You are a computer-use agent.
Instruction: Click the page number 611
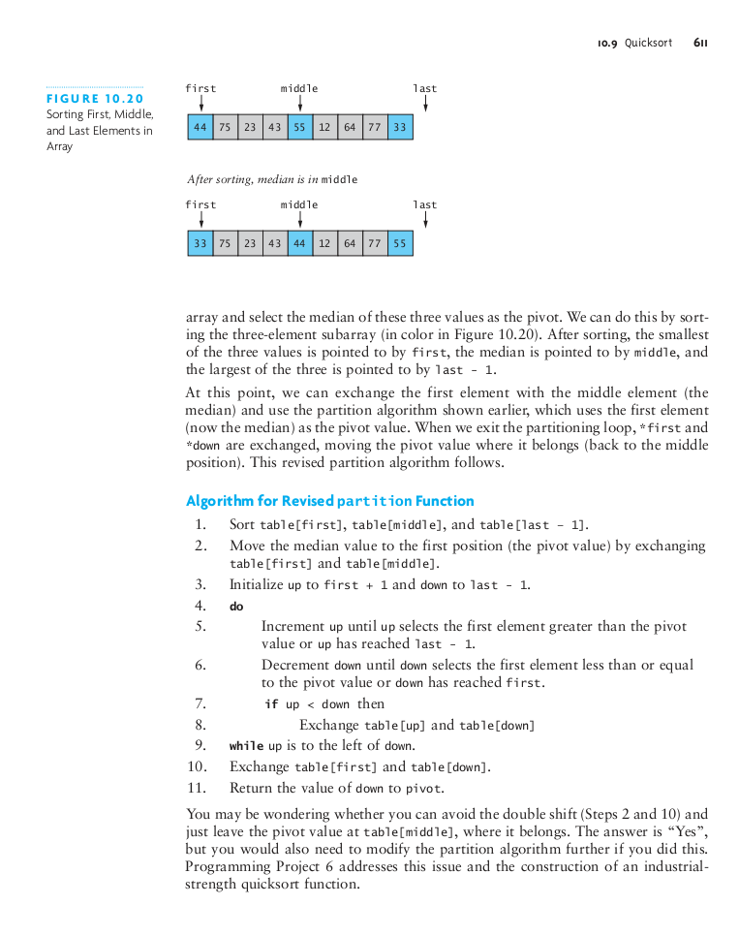[700, 43]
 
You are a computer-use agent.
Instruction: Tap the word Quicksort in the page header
[648, 43]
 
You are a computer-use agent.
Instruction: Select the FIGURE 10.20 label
[95, 99]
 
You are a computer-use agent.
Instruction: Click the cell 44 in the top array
[200, 127]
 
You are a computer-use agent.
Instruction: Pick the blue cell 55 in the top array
[299, 127]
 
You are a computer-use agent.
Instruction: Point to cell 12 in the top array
[324, 127]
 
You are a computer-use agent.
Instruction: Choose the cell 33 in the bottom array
[200, 243]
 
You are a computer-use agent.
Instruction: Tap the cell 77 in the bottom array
[375, 243]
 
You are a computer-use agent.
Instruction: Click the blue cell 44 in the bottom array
[299, 243]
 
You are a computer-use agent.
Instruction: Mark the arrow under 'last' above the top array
[425, 104]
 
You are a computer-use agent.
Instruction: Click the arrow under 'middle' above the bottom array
[299, 220]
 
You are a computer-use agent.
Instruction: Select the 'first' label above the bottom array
[200, 204]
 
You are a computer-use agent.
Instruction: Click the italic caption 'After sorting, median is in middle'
[272, 179]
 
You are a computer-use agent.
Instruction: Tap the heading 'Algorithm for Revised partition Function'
[329, 501]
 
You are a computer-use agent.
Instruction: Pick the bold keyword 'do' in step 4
[236, 607]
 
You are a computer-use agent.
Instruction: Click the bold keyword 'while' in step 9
[246, 746]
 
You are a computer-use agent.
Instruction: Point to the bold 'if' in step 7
[271, 704]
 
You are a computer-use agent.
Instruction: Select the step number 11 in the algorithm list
[197, 788]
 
